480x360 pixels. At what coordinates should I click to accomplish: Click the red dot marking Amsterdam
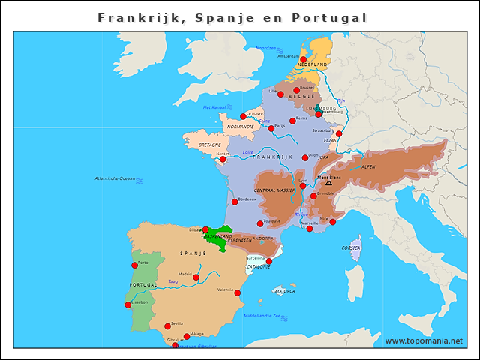point(304,58)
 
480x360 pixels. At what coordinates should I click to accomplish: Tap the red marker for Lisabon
point(127,304)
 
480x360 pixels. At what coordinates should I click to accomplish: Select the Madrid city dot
point(196,277)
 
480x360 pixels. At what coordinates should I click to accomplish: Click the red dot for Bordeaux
point(235,202)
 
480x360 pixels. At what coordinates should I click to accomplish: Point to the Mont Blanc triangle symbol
point(328,183)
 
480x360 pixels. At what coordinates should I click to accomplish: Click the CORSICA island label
point(351,247)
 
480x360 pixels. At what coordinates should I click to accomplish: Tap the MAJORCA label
point(285,290)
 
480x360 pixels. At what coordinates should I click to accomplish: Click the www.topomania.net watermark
point(424,341)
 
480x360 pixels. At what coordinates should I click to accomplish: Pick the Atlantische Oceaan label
point(115,178)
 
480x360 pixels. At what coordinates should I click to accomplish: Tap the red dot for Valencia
point(238,292)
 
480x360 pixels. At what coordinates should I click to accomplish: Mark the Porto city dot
point(135,265)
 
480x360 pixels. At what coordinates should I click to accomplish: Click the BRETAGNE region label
point(210,145)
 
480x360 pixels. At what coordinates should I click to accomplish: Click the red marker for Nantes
point(223,159)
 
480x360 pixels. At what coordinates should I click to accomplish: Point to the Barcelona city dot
point(269,261)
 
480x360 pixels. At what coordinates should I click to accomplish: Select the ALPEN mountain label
point(368,167)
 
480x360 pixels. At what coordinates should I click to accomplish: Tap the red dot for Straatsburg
point(339,133)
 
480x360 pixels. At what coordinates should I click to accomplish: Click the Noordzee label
point(266,48)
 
